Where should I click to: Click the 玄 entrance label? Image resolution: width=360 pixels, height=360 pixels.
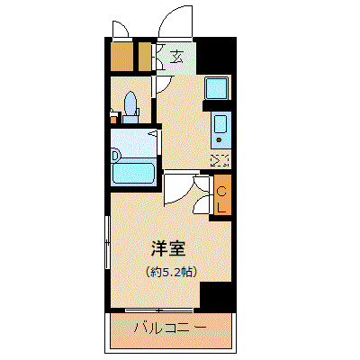176,57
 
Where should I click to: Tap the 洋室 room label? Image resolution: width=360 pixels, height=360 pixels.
168,248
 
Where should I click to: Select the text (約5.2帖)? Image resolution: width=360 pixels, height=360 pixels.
171,272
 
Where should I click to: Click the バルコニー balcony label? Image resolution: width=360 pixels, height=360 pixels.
170,328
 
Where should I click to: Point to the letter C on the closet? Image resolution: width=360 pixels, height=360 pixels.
221,192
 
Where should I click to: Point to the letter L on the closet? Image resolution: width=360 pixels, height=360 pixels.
221,207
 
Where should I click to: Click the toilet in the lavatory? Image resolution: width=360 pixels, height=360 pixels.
130,107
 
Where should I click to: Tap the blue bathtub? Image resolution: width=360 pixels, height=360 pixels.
133,174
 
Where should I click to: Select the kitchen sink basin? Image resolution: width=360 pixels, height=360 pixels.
220,124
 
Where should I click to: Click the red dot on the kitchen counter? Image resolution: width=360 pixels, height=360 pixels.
219,139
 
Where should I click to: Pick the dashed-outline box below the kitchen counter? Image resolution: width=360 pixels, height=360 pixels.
220,160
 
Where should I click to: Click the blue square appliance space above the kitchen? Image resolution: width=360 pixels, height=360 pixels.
217,88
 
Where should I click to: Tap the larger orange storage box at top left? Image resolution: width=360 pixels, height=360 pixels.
121,58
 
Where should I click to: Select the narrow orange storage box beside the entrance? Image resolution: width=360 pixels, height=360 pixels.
145,58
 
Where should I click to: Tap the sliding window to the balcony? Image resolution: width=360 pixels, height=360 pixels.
159,310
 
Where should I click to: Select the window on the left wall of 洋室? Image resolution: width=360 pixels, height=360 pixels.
107,242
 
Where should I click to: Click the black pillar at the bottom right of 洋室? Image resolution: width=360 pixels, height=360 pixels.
215,295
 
